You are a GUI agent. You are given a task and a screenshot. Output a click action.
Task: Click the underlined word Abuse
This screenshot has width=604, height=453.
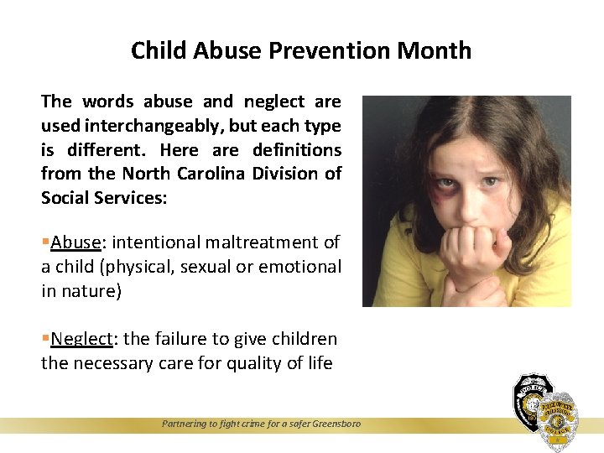(x=75, y=242)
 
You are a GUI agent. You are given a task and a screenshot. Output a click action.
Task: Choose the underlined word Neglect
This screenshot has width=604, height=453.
(x=81, y=339)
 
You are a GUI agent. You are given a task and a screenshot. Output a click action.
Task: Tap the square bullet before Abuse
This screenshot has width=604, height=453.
(x=45, y=242)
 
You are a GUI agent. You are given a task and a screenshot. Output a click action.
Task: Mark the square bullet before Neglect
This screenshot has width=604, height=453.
(x=45, y=339)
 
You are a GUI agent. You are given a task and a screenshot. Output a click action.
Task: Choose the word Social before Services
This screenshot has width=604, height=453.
(x=68, y=198)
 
